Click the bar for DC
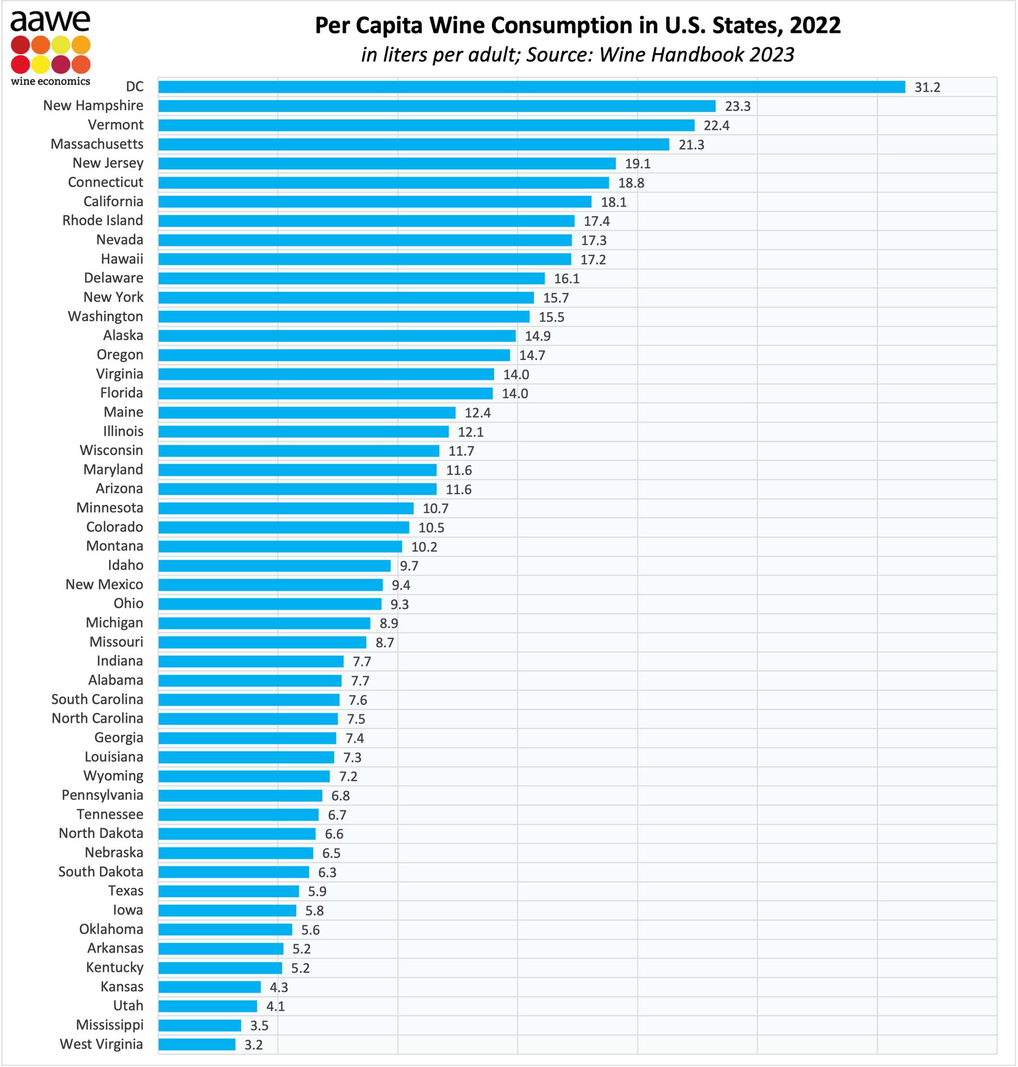[x=532, y=87]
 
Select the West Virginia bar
[x=197, y=1044]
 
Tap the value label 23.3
[x=738, y=106]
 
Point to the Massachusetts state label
[x=97, y=144]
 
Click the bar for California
[x=375, y=202]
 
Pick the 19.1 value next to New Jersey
[x=637, y=164]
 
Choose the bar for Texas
[x=228, y=891]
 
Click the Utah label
[x=128, y=1005]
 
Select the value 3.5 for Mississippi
[x=260, y=1025]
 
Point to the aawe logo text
[x=51, y=21]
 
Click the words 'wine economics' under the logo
[x=51, y=81]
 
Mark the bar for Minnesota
[x=286, y=508]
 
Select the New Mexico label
[x=104, y=584]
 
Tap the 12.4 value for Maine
[x=477, y=413]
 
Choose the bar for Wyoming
[x=244, y=776]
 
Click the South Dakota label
[x=101, y=871]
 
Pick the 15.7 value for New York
[x=556, y=298]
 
